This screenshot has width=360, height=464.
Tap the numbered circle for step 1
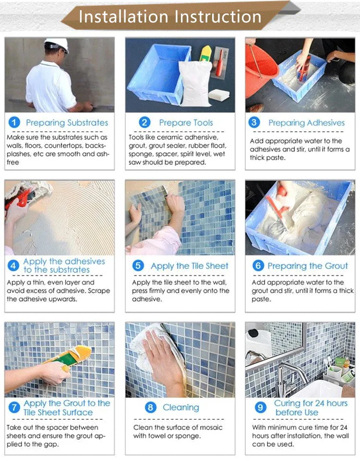point(14,122)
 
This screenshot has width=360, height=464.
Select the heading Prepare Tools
point(186,123)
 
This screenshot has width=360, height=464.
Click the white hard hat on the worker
point(57,45)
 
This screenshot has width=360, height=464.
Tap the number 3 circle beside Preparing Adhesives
point(254,122)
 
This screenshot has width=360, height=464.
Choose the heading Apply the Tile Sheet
point(189,266)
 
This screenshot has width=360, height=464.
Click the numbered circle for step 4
point(14,265)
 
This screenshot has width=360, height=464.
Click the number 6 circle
point(259,266)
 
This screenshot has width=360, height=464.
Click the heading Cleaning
point(180,407)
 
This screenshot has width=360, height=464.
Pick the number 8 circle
point(151,407)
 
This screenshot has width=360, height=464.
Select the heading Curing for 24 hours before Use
point(311,407)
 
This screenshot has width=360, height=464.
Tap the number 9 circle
point(260,407)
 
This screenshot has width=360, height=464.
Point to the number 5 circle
point(138,266)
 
